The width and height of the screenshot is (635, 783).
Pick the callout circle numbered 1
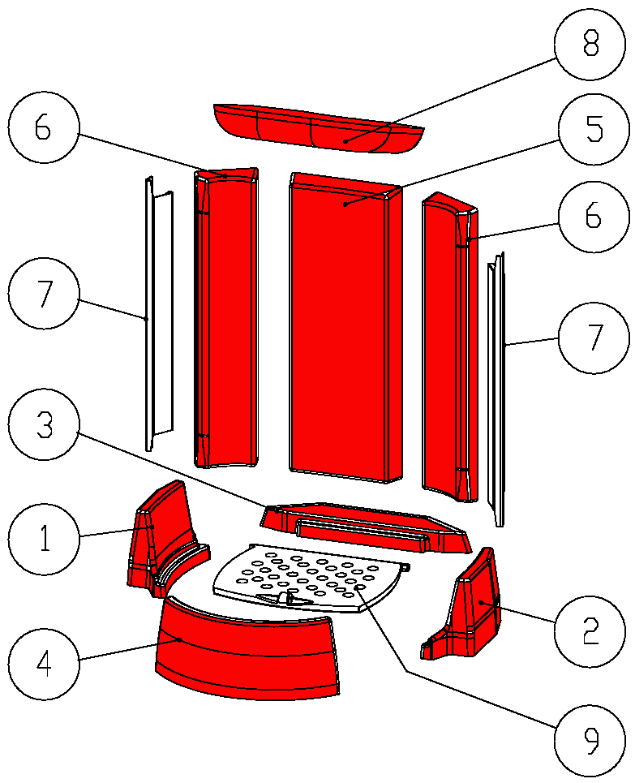(44, 536)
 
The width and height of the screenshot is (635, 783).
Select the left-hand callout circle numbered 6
(44, 130)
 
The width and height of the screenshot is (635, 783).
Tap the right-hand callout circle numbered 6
(594, 217)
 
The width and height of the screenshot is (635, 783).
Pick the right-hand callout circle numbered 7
(594, 338)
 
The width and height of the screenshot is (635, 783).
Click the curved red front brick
(247, 657)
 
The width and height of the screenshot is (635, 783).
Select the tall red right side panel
(446, 349)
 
